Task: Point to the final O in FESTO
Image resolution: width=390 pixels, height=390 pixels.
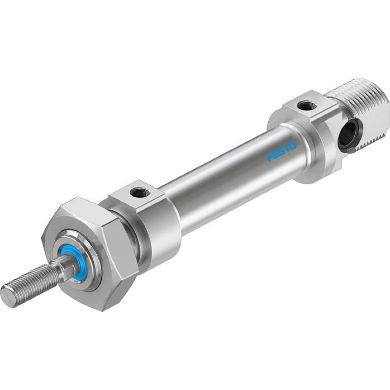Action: pos(293,146)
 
